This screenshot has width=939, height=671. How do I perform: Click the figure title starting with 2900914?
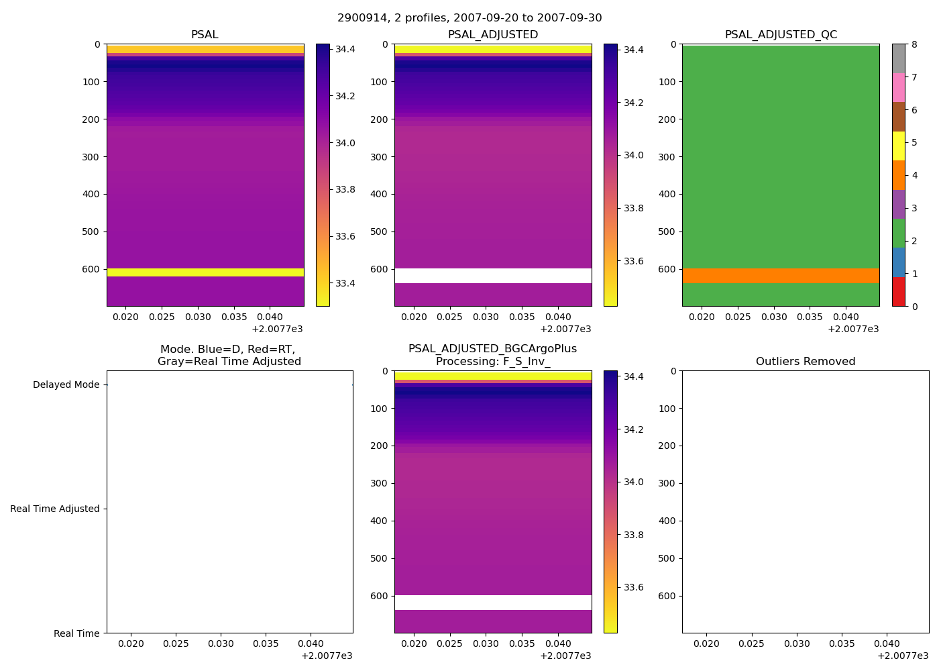(469, 18)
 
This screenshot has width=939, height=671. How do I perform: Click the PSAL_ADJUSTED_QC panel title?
(781, 35)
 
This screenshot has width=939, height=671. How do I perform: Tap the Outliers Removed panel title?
(806, 362)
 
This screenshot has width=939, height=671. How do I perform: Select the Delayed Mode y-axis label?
(66, 385)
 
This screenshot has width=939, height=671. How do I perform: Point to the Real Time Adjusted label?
(55, 509)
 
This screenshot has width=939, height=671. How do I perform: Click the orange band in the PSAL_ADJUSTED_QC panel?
(781, 276)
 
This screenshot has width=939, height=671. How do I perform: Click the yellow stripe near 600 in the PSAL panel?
(205, 272)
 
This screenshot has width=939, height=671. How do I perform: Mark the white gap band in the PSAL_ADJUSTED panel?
(493, 276)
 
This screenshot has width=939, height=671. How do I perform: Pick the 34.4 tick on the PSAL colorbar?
(346, 50)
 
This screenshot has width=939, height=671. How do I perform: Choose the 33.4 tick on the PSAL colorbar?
(346, 283)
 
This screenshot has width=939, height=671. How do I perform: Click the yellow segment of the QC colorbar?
(899, 146)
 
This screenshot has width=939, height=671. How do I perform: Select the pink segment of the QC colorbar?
(899, 88)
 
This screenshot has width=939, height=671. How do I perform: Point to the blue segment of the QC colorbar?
(899, 262)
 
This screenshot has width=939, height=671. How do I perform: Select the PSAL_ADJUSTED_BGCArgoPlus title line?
(493, 349)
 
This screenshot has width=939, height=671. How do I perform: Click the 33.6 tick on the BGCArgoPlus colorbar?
(634, 588)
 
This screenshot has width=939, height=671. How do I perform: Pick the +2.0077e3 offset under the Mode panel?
(327, 656)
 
